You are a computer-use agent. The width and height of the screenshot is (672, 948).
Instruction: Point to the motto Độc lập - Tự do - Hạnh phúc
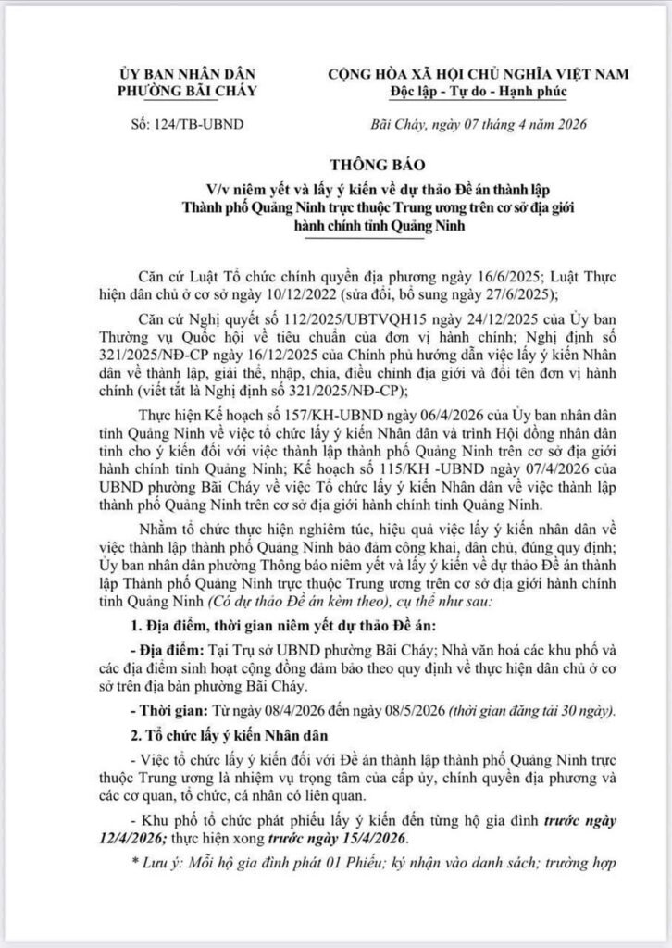[x=479, y=91]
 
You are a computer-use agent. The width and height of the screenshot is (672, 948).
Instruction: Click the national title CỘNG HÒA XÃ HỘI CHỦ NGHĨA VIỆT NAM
[x=479, y=73]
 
